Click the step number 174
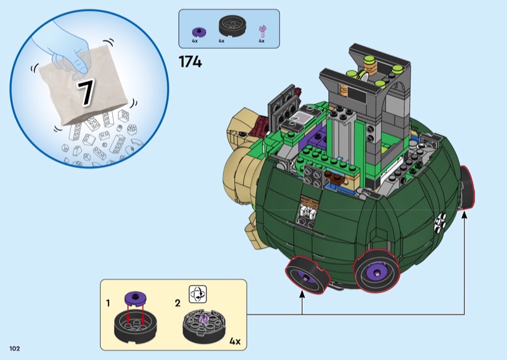[x=190, y=61]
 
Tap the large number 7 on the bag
[x=86, y=92]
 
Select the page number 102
[x=15, y=349]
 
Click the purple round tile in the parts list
[x=199, y=32]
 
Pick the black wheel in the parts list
[x=233, y=26]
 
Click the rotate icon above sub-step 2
[x=198, y=294]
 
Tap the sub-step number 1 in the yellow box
[x=108, y=303]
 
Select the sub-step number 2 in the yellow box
[x=177, y=303]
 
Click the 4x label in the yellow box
[x=235, y=341]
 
